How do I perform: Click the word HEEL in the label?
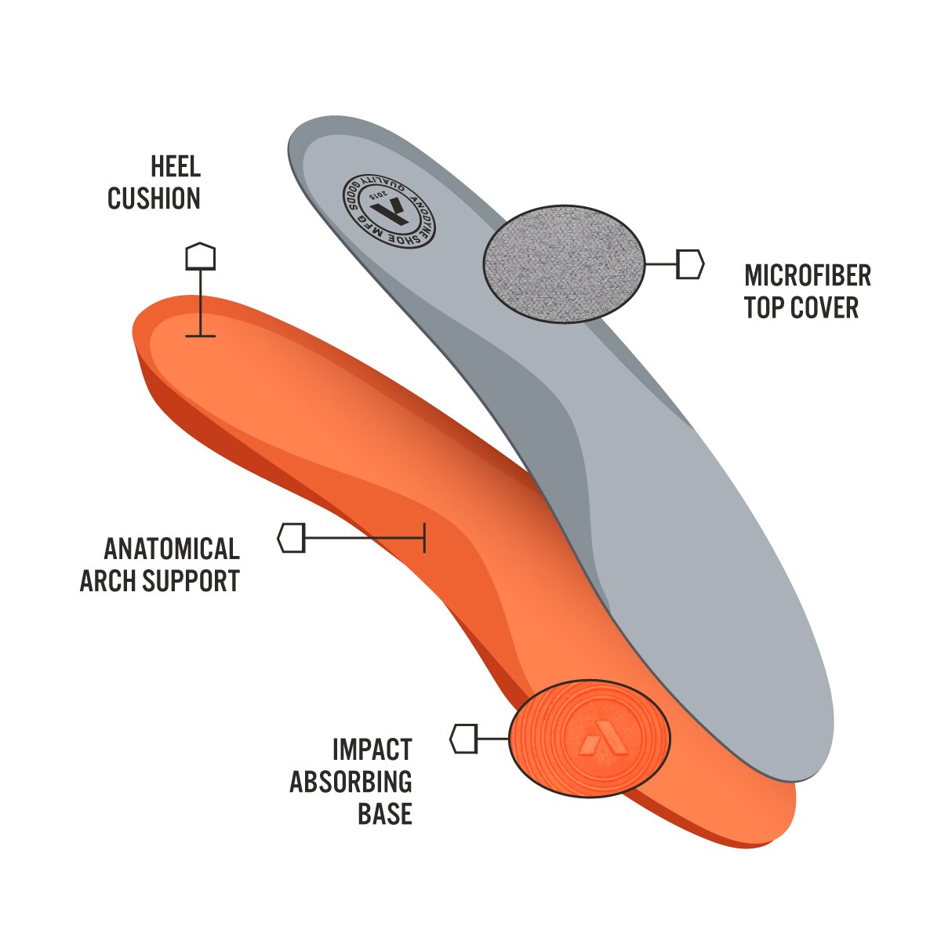[176, 166]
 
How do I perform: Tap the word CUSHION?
[154, 198]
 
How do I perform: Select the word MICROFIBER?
[807, 275]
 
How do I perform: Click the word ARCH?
[108, 581]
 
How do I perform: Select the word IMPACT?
[372, 750]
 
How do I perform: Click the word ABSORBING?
[351, 782]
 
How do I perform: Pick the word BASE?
[384, 814]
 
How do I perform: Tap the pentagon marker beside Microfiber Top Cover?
[690, 264]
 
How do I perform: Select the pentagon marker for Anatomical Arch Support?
[291, 538]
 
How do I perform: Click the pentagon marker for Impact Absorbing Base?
[463, 739]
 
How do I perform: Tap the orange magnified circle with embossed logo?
[590, 738]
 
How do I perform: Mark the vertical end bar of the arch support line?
[424, 538]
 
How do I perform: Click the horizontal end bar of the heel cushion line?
[200, 336]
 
